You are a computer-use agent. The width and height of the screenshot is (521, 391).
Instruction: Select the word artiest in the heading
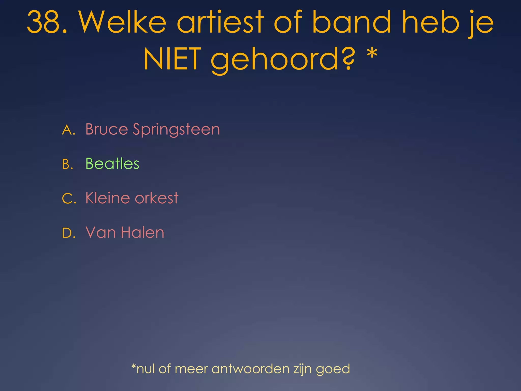[x=220, y=22]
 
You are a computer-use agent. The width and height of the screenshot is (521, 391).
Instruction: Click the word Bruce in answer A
[x=107, y=129]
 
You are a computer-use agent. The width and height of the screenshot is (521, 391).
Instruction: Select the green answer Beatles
[x=112, y=164]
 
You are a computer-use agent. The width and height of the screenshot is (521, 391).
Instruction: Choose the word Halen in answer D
[x=142, y=232]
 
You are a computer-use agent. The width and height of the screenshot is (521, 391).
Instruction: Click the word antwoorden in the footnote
[x=250, y=369]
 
